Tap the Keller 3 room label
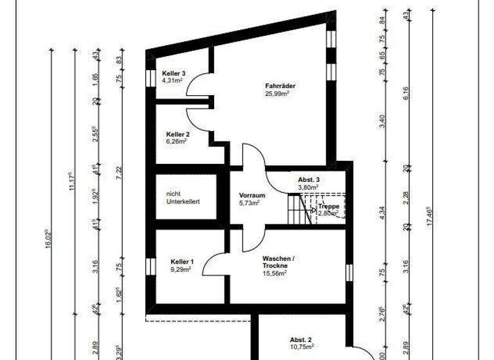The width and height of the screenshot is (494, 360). click(x=174, y=74)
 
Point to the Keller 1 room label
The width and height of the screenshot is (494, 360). click(x=182, y=262)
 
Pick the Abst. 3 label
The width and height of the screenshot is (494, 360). click(x=309, y=179)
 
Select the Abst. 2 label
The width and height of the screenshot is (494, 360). click(x=300, y=339)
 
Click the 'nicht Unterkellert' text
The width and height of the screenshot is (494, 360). click(x=183, y=197)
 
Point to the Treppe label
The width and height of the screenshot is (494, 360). click(x=328, y=206)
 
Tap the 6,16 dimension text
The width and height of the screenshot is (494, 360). click(x=406, y=94)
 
